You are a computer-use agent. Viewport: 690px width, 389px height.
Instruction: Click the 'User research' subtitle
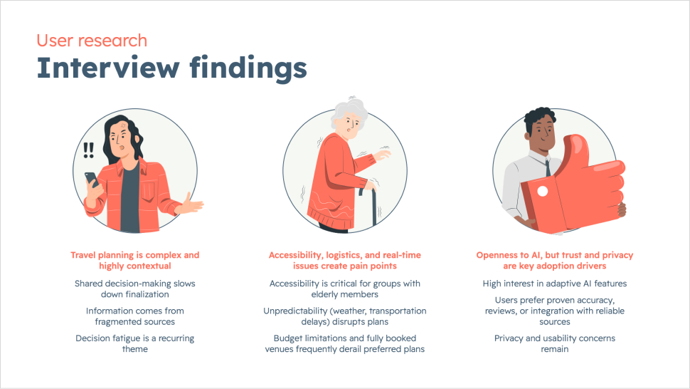pos(92,41)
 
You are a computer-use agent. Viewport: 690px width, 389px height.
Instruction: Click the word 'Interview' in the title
pos(108,68)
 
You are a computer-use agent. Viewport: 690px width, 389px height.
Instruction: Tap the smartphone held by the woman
pos(92,179)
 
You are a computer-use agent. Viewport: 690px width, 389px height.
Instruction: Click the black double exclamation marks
pos(88,150)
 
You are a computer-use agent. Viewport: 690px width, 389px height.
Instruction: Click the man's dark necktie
pos(548,168)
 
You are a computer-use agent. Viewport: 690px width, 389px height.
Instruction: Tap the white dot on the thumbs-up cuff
pos(543,191)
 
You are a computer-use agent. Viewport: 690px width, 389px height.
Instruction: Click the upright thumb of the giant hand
pos(573,150)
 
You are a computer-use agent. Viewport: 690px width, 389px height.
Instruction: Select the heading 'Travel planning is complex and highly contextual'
pos(135,260)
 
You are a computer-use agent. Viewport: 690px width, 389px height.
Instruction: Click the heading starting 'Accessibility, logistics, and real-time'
pos(345,260)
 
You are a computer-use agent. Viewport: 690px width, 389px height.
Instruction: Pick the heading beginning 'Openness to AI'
pos(554,260)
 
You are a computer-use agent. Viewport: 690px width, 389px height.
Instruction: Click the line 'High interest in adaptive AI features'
pos(554,284)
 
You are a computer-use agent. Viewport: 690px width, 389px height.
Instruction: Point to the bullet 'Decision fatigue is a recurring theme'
pos(135,343)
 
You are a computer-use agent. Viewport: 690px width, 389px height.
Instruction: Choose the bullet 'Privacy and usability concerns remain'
pos(554,343)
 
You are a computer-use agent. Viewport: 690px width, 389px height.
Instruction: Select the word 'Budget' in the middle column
pos(288,338)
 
